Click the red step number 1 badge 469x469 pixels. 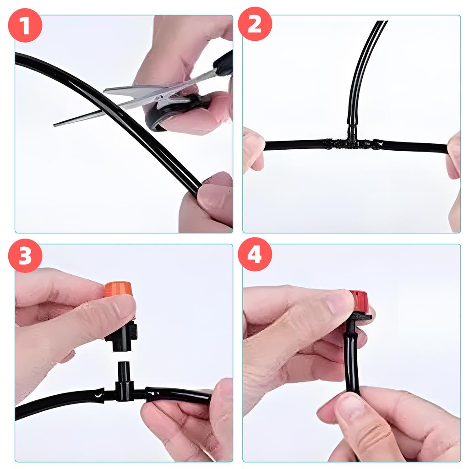pyautogui.click(x=25, y=25)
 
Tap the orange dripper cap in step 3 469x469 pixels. pyautogui.click(x=118, y=289)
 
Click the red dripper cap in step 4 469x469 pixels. pyautogui.click(x=360, y=300)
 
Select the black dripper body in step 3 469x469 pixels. pyautogui.click(x=121, y=337)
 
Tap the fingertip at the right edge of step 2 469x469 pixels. pyautogui.click(x=453, y=156)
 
